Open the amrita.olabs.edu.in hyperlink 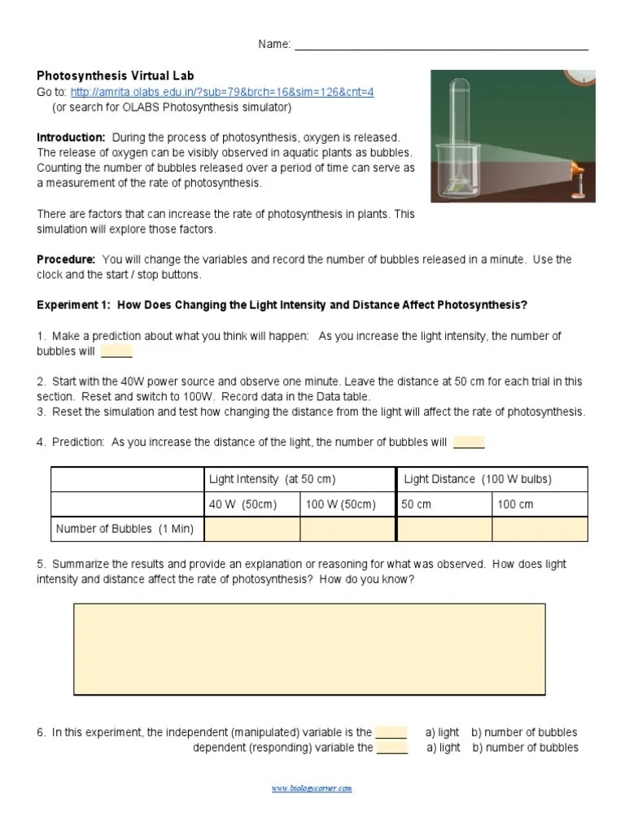(x=221, y=92)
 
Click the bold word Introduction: (x=71, y=137)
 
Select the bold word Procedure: (x=66, y=259)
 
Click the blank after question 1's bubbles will (x=116, y=351)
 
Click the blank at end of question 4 (x=468, y=443)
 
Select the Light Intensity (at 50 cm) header (x=272, y=479)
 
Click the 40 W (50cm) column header (x=243, y=504)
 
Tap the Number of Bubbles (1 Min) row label (x=125, y=529)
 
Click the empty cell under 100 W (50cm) (x=347, y=529)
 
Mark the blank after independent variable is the (x=391, y=732)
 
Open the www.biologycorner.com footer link (x=312, y=788)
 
